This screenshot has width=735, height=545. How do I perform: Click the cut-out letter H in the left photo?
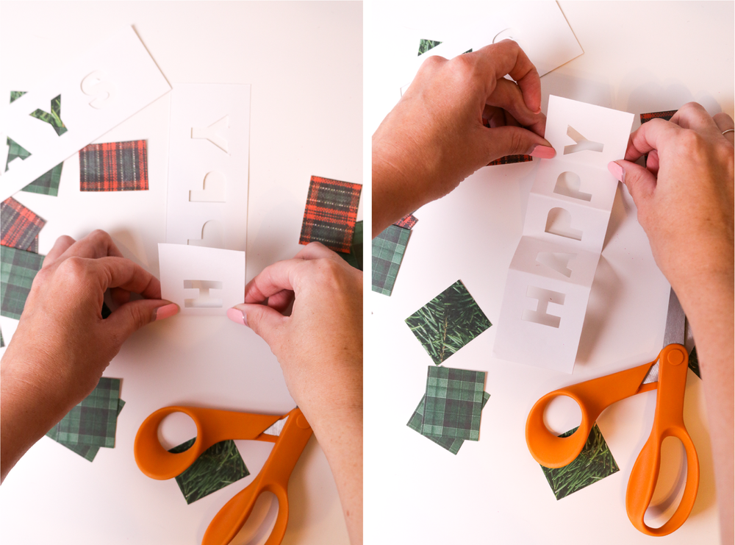click(202, 293)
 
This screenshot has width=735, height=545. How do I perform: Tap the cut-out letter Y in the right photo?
click(583, 140)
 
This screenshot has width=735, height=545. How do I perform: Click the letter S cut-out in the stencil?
click(99, 88)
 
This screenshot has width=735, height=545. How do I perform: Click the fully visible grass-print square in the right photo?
click(448, 321)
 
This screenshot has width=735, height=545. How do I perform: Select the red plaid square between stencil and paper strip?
click(114, 165)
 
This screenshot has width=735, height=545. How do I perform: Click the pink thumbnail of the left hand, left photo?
click(167, 311)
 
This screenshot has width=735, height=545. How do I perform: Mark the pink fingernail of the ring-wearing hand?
click(616, 171)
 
